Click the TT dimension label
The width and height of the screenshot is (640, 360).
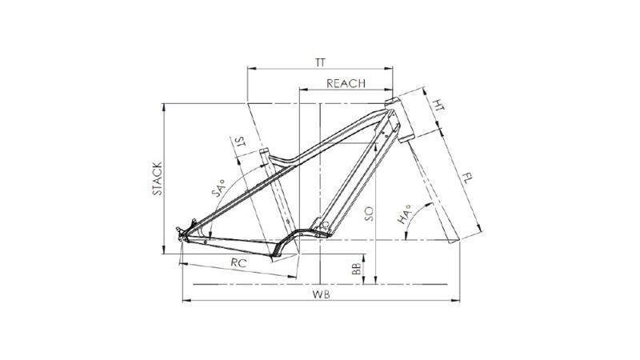coord(321,62)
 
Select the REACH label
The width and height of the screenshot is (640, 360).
coord(346,83)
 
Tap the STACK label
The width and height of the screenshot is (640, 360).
coord(158,178)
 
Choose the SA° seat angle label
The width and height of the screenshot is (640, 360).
coord(218,188)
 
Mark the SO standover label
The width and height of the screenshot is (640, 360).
coord(369,214)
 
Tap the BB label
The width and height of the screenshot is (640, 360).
coord(356,269)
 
